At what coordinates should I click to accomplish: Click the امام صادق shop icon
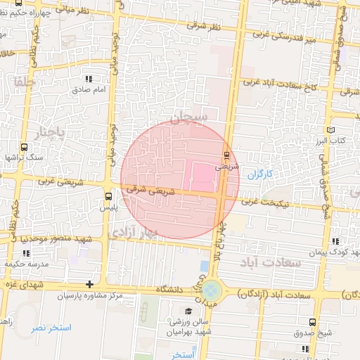pyautogui.click(x=88, y=79)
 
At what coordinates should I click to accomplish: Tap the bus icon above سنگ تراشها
pyautogui.click(x=25, y=147)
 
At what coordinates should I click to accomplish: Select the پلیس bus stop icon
pyautogui.click(x=108, y=196)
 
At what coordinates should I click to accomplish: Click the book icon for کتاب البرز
pyautogui.click(x=331, y=131)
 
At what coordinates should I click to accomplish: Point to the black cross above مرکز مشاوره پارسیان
pyautogui.click(x=89, y=284)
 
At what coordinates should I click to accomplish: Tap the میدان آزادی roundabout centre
pyautogui.click(x=211, y=288)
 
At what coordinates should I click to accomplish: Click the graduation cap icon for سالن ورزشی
pyautogui.click(x=188, y=310)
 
